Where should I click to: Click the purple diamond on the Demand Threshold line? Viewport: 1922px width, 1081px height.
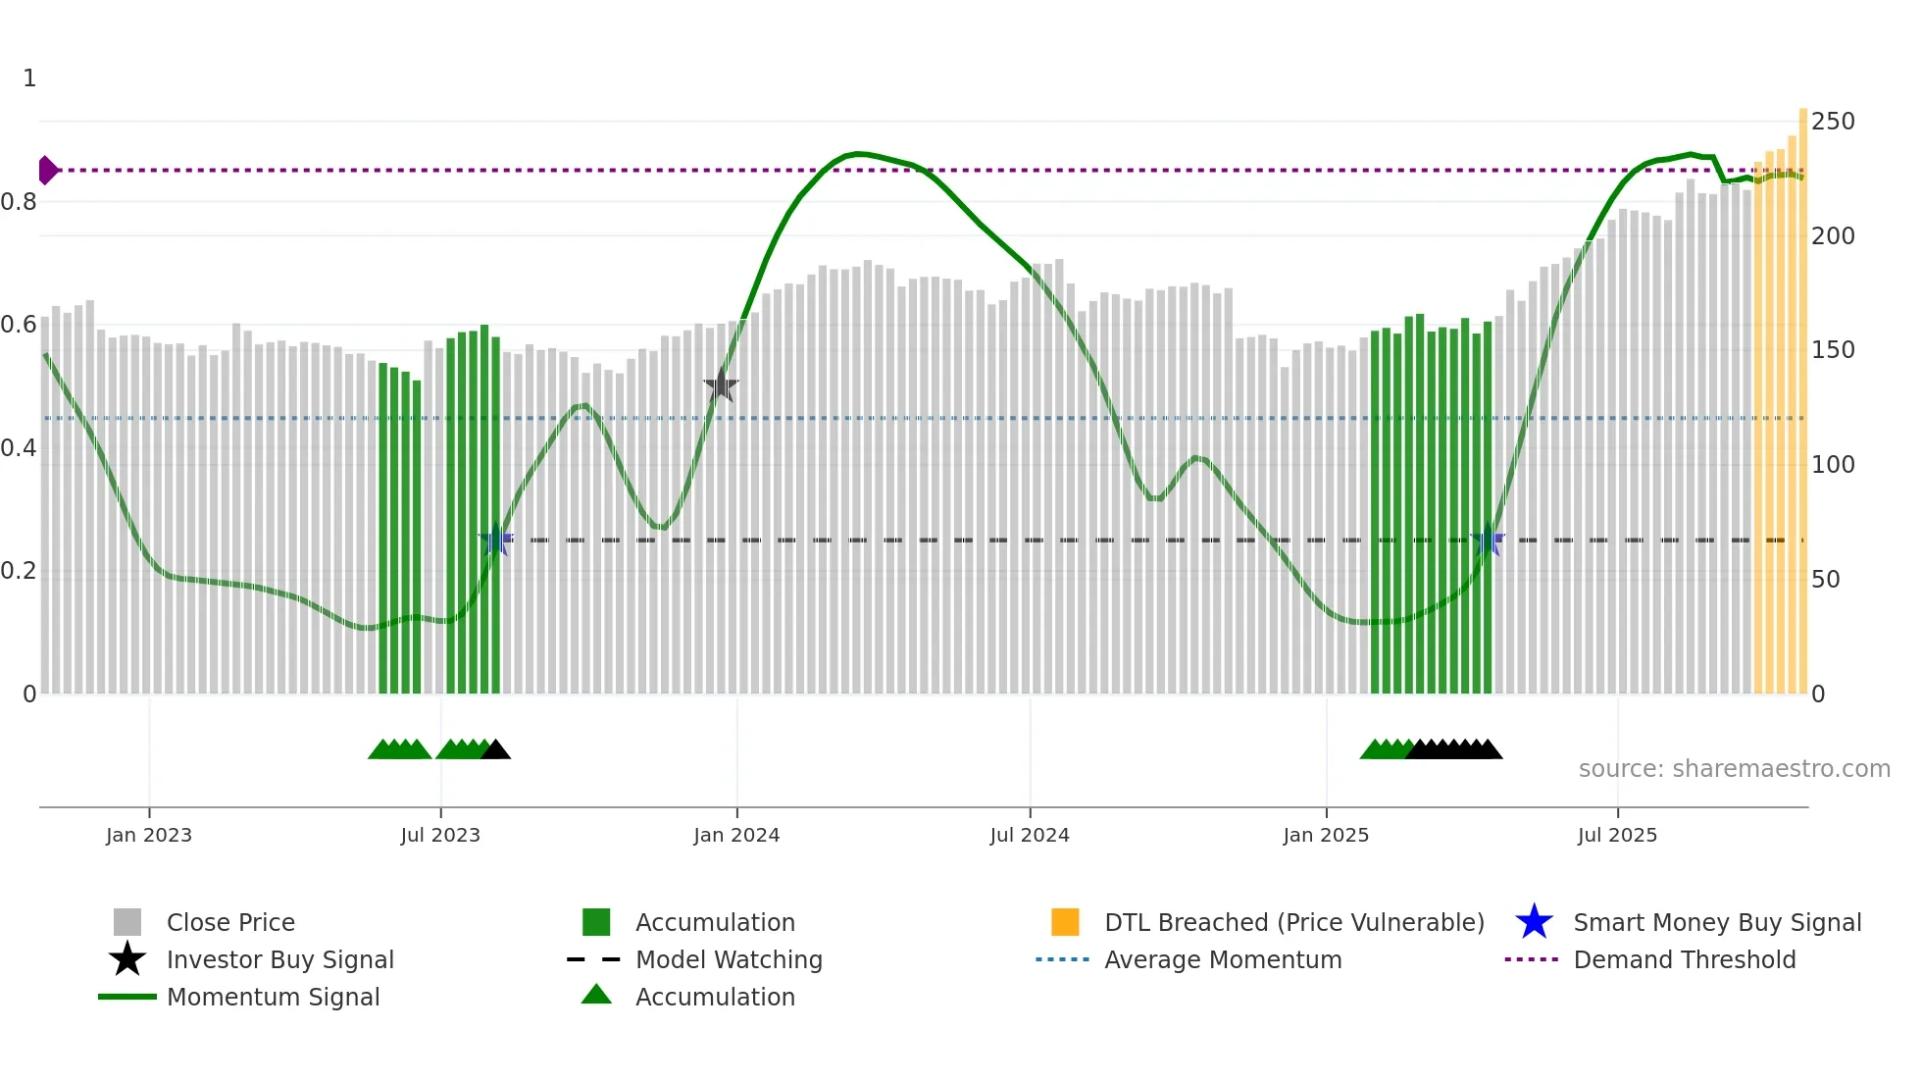click(47, 170)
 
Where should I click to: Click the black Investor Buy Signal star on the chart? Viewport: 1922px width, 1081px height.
click(721, 386)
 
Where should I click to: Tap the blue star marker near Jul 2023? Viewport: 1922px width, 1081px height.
click(496, 540)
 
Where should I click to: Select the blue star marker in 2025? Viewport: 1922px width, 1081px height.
click(1488, 540)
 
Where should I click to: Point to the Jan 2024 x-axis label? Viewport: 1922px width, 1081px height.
click(736, 836)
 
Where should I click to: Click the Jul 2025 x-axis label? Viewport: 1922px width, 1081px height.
click(1617, 836)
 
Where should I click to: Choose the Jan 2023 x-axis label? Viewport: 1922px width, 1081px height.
click(149, 836)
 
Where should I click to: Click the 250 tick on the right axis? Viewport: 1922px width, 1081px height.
click(1833, 122)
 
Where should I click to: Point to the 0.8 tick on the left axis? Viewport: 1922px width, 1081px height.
click(19, 202)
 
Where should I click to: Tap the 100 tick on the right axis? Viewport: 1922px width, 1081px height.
click(1833, 465)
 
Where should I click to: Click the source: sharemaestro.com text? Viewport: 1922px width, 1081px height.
click(1734, 769)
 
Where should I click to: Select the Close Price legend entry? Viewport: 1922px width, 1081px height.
click(230, 923)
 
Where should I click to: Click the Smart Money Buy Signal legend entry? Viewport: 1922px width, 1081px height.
click(1716, 923)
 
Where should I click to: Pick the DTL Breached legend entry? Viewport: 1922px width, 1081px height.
click(1293, 923)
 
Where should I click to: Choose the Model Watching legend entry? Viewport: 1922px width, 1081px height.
click(728, 960)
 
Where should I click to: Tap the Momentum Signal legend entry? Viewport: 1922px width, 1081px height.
click(273, 998)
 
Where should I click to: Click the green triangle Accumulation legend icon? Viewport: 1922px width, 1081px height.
click(596, 996)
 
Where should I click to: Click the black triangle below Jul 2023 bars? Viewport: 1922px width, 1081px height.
click(496, 750)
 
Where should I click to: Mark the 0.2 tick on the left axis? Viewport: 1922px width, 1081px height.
click(19, 571)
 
